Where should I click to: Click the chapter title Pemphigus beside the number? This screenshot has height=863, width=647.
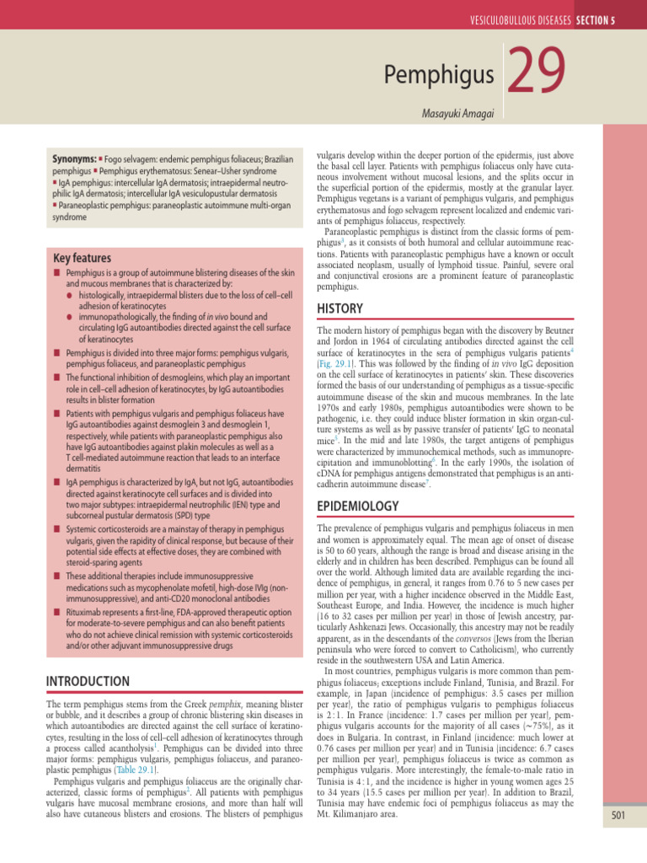438,78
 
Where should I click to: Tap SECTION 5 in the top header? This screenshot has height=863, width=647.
602,20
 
